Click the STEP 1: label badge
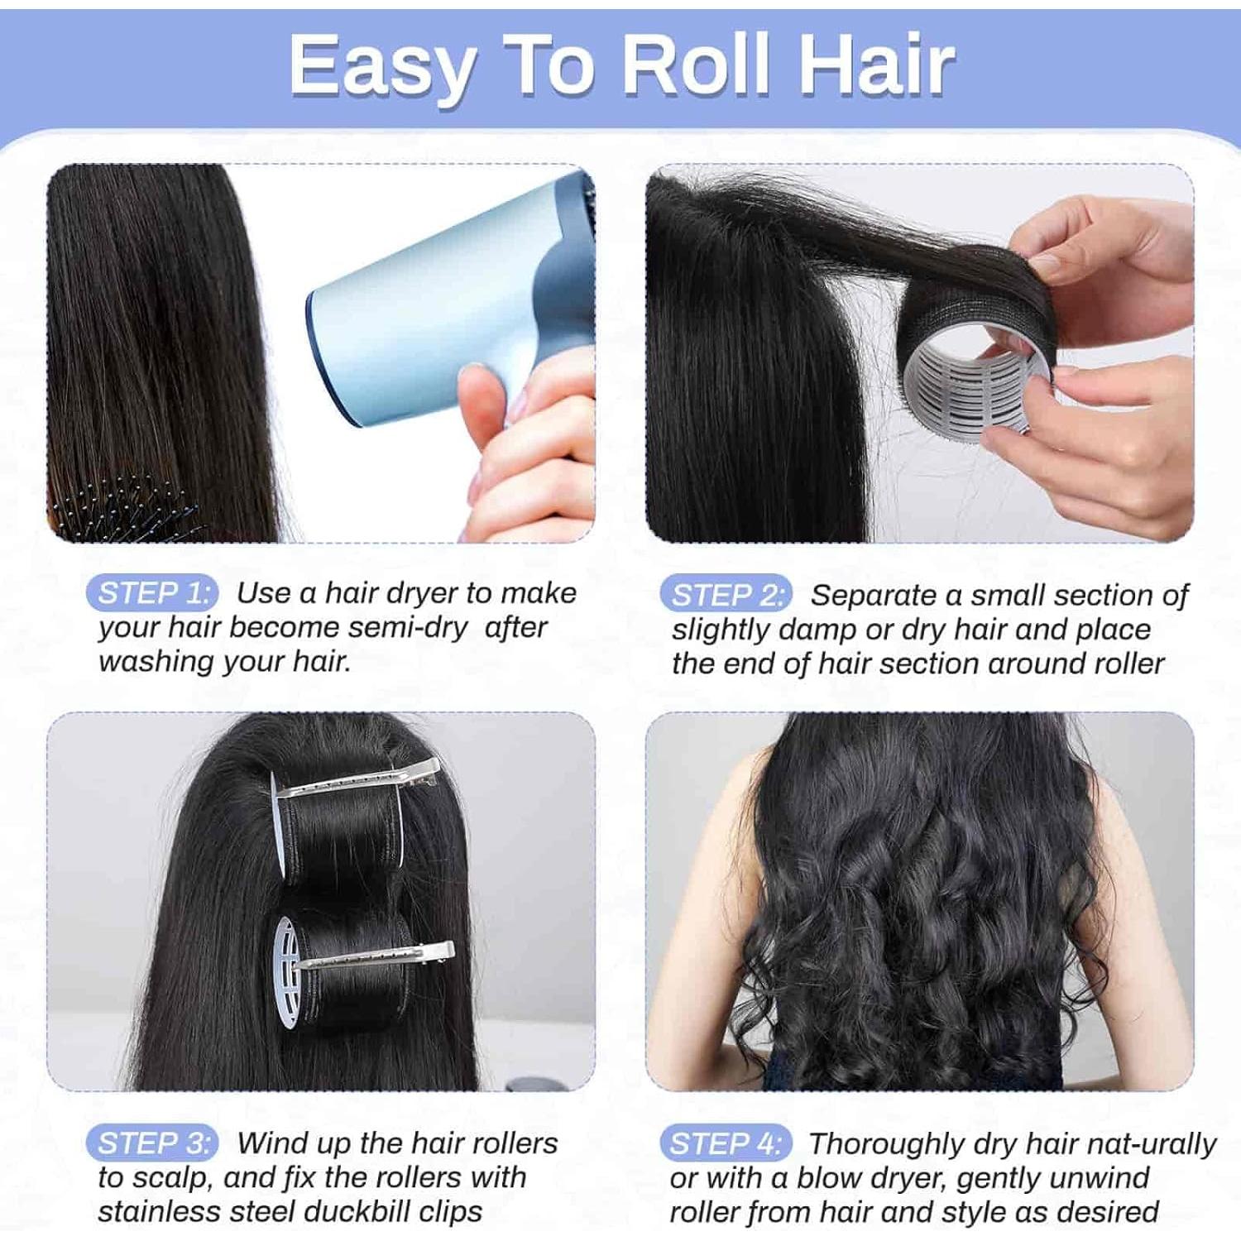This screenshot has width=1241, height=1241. click(151, 593)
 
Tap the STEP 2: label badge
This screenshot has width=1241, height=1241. click(726, 595)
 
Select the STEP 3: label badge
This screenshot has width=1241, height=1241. click(151, 1143)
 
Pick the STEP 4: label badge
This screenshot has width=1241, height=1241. click(725, 1144)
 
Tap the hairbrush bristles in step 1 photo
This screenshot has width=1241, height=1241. click(124, 505)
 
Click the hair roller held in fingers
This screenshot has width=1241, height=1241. click(976, 364)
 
